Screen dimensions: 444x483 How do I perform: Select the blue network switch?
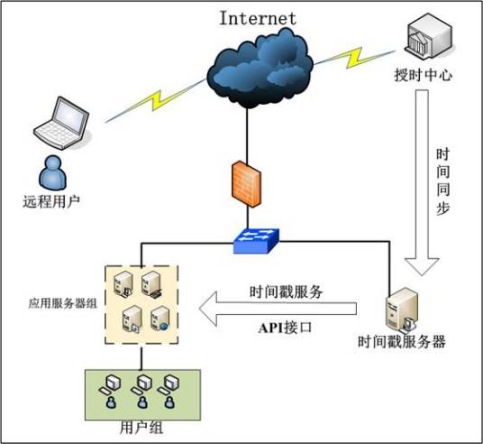coord(256,240)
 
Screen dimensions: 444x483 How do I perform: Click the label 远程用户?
coord(51,199)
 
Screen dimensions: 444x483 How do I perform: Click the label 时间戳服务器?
coord(402,343)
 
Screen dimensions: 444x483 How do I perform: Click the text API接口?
coord(285,328)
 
